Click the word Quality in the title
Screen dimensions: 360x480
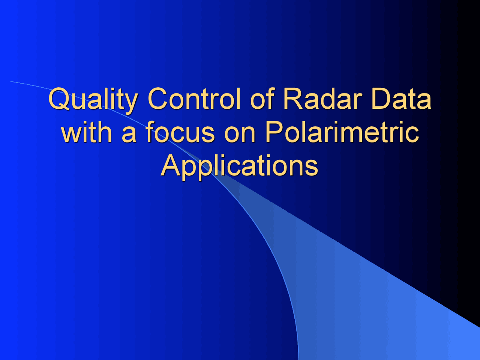point(93,99)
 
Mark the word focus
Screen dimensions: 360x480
point(180,132)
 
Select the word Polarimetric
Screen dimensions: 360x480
point(342,132)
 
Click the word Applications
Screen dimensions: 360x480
point(240,166)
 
